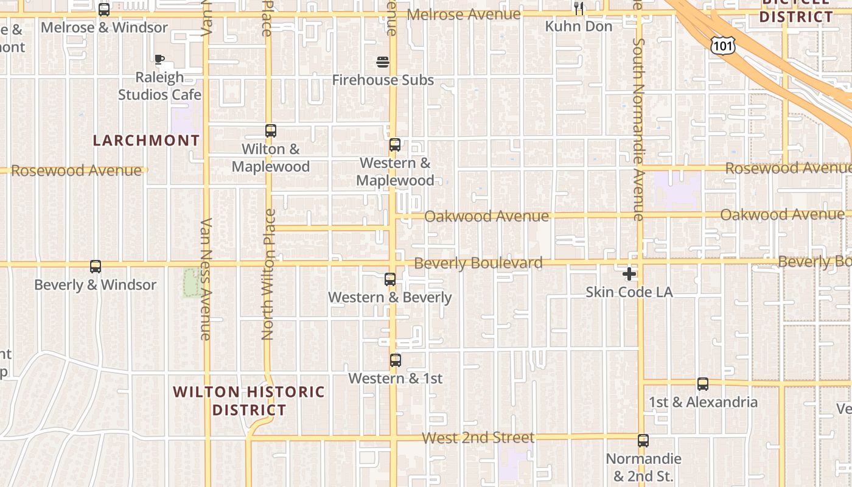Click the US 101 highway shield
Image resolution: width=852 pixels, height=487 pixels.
[x=722, y=44]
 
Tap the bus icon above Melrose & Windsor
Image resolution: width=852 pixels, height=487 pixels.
[x=104, y=10]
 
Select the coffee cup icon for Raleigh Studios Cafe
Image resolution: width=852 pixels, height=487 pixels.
[x=159, y=60]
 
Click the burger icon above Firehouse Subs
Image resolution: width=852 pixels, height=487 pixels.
[x=383, y=62]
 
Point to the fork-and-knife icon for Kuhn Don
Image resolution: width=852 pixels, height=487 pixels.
[x=579, y=9]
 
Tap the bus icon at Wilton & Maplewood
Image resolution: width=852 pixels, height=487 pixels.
[x=271, y=131]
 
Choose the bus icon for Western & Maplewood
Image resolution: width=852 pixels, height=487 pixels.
[x=395, y=145]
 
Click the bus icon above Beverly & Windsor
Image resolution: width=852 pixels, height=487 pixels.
[x=96, y=267]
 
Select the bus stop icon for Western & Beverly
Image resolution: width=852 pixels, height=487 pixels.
[x=390, y=279]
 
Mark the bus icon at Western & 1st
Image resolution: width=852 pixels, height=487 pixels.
[x=396, y=360]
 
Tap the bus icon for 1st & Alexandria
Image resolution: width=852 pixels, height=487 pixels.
[x=703, y=384]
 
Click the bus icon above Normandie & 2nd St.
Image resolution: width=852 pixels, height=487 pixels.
[x=643, y=441]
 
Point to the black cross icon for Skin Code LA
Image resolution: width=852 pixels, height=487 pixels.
[x=629, y=274]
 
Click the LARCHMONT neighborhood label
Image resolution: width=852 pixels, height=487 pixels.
[x=146, y=141]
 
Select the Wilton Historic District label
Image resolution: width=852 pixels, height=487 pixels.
[x=250, y=401]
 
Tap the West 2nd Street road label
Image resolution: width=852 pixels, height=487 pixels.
[x=478, y=438]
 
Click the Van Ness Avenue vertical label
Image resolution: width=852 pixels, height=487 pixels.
[x=206, y=279]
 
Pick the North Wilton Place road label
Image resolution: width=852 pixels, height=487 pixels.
[x=269, y=274]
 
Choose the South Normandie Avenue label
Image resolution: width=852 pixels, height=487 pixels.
[x=638, y=129]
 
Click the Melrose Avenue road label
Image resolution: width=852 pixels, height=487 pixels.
[x=464, y=14]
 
